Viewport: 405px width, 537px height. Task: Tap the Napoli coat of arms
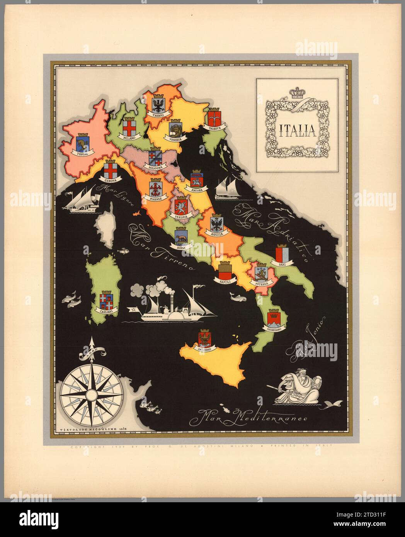pyautogui.click(x=225, y=270)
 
